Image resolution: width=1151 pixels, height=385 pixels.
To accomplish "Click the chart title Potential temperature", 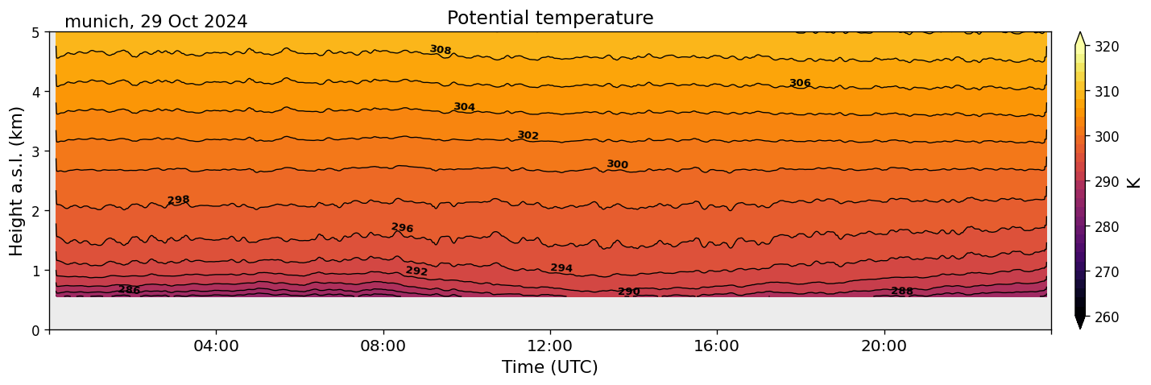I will pos(550,18).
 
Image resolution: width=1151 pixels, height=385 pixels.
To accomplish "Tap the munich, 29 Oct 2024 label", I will pos(155,22).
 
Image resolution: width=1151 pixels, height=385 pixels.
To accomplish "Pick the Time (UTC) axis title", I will pos(550,367).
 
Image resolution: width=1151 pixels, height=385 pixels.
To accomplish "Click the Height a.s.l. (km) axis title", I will pos(17,180).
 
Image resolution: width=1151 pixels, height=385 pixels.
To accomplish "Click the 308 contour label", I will pos(441,50).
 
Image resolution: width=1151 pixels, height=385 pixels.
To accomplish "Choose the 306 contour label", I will pos(800,83).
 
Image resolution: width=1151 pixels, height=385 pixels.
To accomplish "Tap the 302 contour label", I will pos(528,135).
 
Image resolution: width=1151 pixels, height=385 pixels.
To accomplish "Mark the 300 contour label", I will pos(617,164).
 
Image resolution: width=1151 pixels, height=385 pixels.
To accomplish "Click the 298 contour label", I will pos(178,200).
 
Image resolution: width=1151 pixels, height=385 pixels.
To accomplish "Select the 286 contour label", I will pos(129,290).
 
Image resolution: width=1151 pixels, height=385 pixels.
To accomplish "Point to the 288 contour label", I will pos(902,291).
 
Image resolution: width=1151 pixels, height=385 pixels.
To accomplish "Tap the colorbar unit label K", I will pos(1134,181).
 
